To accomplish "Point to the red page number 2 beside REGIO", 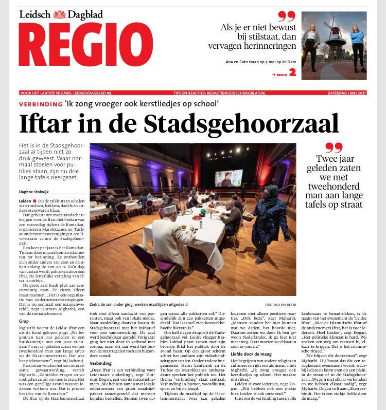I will pyautogui.click(x=293, y=73).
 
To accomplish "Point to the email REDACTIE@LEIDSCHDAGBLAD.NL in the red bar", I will pyautogui.click(x=253, y=93).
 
